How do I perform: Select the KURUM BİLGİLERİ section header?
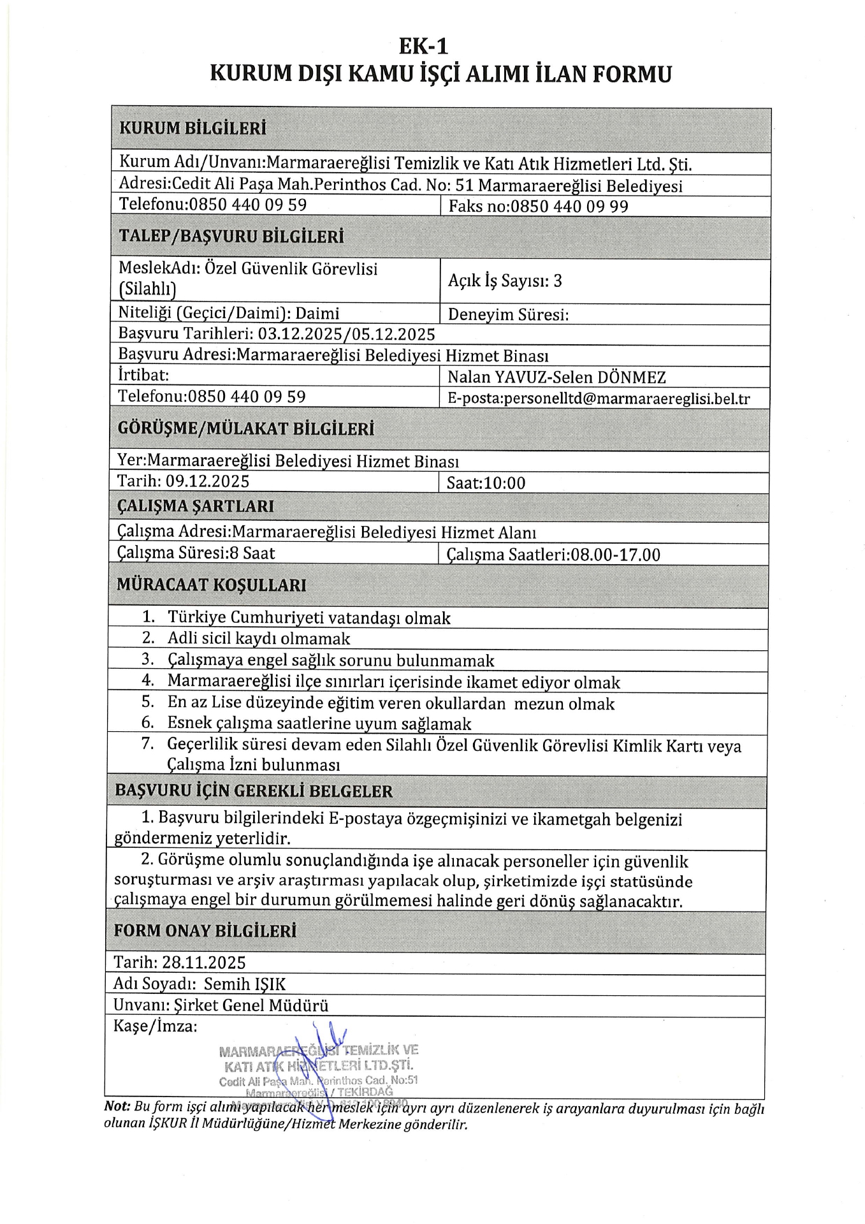tap(193, 128)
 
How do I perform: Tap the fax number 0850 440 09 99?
tap(569, 207)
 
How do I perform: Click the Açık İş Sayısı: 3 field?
tap(505, 281)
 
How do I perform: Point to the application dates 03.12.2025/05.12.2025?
tap(346, 335)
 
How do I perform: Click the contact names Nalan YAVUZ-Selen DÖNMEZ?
tap(556, 377)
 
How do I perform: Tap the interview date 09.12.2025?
tap(207, 481)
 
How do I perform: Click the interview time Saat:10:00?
tap(486, 483)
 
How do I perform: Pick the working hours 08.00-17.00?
tap(615, 555)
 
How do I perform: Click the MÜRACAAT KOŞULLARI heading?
tap(211, 585)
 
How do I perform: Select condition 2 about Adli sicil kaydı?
tap(259, 639)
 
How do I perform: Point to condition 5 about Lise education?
tap(391, 704)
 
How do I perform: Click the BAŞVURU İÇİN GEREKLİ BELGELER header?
tap(254, 791)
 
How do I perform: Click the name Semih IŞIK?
tap(245, 984)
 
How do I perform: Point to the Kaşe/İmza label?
tap(156, 1026)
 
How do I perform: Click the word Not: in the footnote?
tap(117, 1107)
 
